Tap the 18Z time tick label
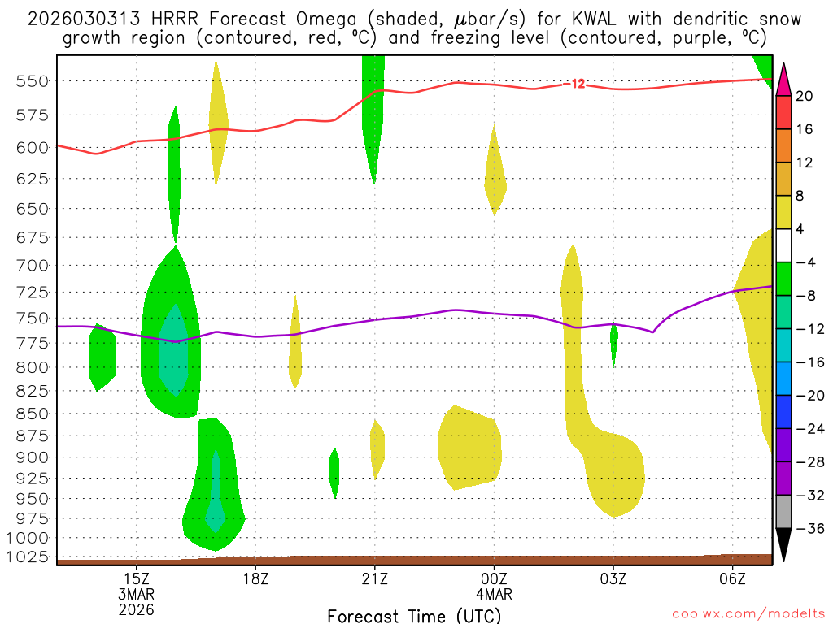(x=255, y=578)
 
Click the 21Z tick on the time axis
(x=374, y=578)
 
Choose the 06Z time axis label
(x=733, y=578)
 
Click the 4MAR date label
(x=494, y=594)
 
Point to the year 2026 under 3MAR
(x=136, y=609)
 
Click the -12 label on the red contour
(x=578, y=84)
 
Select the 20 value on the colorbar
(x=805, y=96)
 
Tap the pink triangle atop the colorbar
(x=784, y=77)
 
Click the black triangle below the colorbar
(x=784, y=544)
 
